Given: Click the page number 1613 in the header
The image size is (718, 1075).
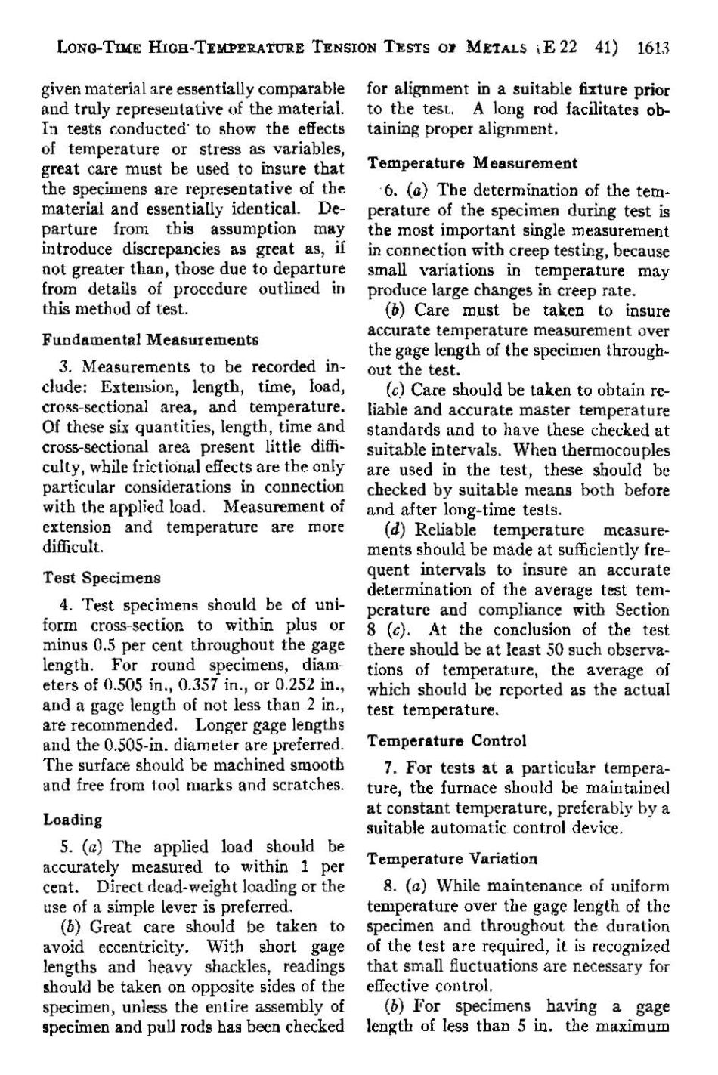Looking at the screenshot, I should click(653, 49).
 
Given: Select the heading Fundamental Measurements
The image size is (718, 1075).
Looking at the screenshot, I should click(150, 340).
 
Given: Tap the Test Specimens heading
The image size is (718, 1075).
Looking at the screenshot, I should click(102, 578).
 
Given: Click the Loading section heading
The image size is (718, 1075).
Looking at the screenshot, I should click(73, 820).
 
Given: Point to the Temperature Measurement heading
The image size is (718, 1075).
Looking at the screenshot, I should click(472, 163).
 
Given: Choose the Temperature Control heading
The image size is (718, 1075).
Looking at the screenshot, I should click(447, 740).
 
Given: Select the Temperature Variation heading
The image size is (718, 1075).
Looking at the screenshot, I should click(452, 859).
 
